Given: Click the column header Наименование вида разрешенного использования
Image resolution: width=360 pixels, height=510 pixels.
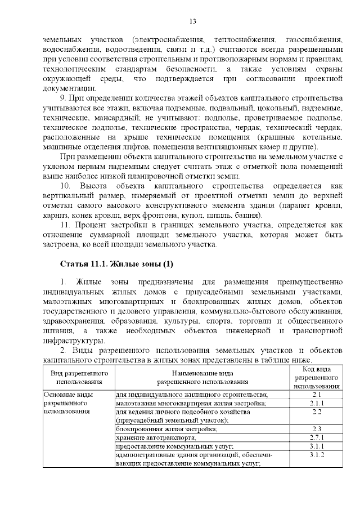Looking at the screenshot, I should pos(203,377).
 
